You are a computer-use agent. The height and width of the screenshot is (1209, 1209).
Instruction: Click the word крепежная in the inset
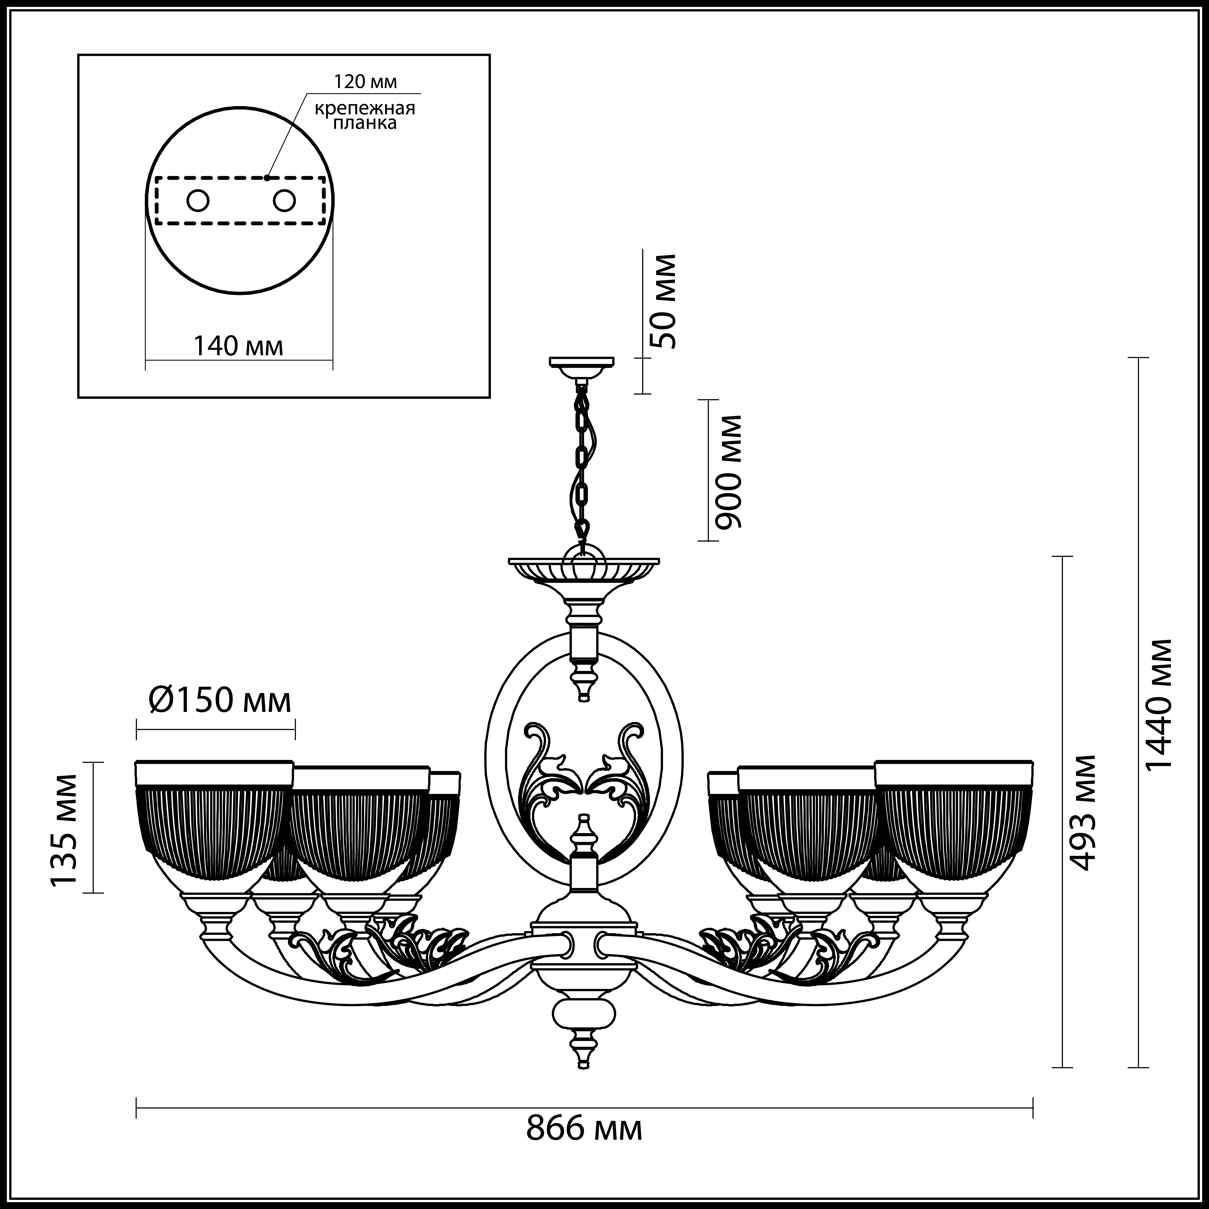pos(365,108)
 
